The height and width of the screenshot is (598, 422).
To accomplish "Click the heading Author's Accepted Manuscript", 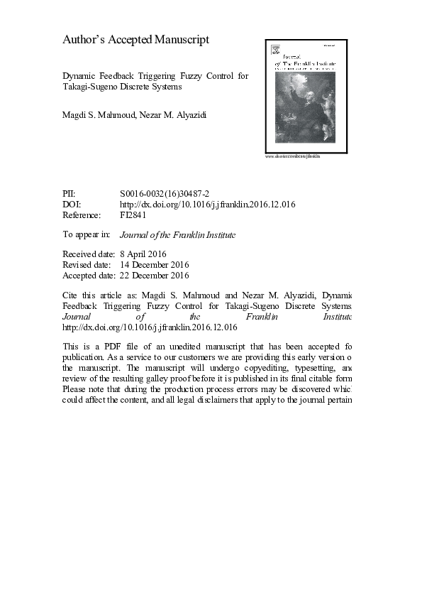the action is coord(136,40).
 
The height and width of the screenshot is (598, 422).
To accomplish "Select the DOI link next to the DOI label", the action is coord(208,205).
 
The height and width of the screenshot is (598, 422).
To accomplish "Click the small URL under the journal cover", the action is coord(292,156).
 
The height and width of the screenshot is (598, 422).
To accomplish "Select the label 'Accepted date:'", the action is coord(88,275).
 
